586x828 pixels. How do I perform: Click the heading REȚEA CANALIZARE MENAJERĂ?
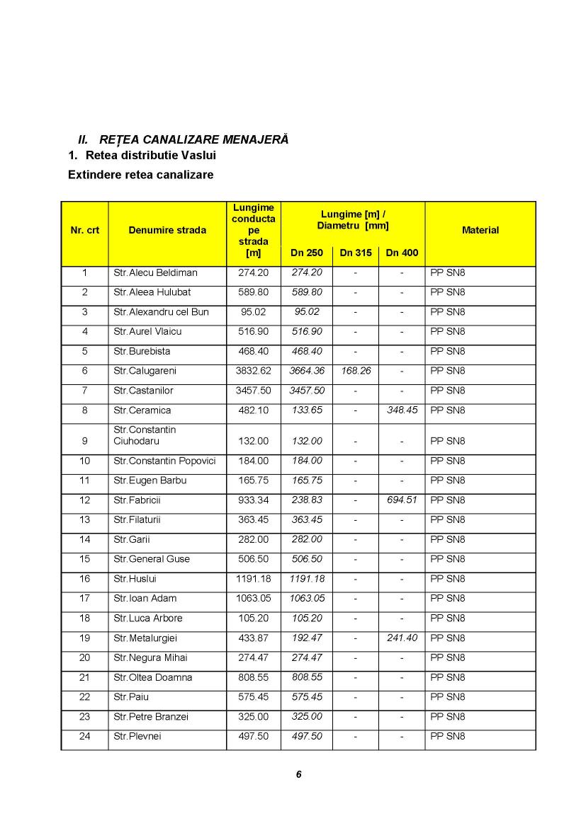pyautogui.click(x=193, y=139)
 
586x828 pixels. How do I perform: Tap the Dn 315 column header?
pyautogui.click(x=355, y=253)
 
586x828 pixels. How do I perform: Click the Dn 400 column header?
pyautogui.click(x=402, y=253)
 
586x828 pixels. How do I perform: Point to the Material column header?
pyautogui.click(x=480, y=230)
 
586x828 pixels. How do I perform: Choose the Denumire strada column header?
pyautogui.click(x=167, y=230)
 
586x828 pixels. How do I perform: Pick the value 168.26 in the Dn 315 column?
pyautogui.click(x=355, y=371)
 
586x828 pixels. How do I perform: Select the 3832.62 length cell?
pyautogui.click(x=253, y=371)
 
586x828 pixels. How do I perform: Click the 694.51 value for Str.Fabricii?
pyautogui.click(x=402, y=500)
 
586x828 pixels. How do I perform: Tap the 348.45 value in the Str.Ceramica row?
pyautogui.click(x=402, y=410)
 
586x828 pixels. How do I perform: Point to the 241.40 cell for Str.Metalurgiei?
pyautogui.click(x=402, y=638)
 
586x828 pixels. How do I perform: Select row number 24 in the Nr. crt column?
pyautogui.click(x=84, y=737)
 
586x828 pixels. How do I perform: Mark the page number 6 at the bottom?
pyautogui.click(x=298, y=774)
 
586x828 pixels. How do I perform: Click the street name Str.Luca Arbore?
pyautogui.click(x=147, y=619)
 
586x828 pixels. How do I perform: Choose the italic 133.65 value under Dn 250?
pyautogui.click(x=307, y=410)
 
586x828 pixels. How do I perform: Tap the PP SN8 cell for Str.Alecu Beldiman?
pyautogui.click(x=448, y=273)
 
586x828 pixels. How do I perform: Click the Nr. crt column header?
pyautogui.click(x=84, y=230)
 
